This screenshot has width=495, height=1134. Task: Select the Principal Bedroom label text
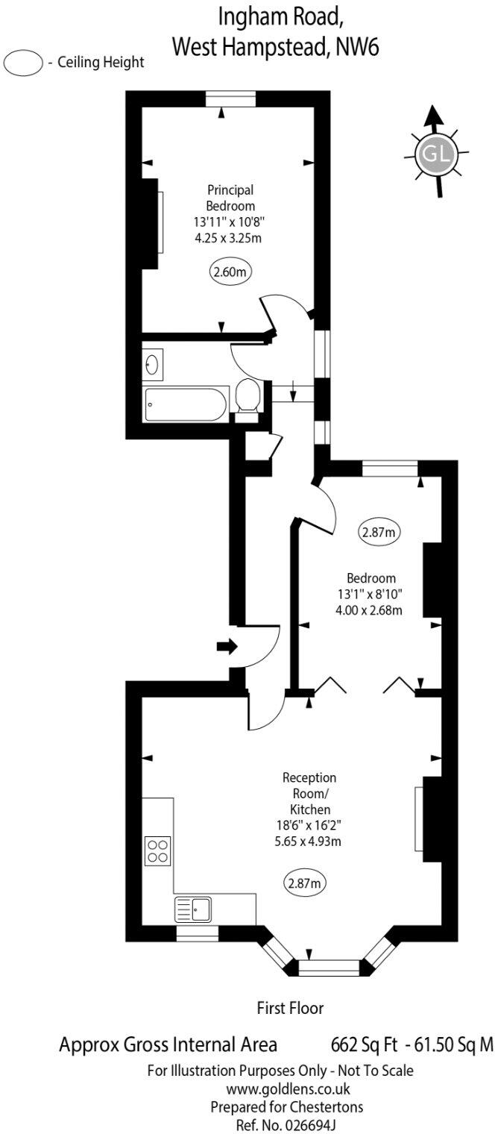pos(230,198)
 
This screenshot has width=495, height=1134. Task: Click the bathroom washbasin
pos(153,365)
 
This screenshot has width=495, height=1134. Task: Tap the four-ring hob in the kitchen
pos(157,850)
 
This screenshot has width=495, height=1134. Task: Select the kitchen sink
pos(193,909)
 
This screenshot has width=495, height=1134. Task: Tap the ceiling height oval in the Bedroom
pos(378,533)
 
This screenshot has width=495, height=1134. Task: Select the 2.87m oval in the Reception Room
pos(306,884)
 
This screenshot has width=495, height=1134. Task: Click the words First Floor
pos(290,1009)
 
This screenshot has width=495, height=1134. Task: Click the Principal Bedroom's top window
pos(231,98)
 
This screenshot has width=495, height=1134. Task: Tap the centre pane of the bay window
pos(329,968)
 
